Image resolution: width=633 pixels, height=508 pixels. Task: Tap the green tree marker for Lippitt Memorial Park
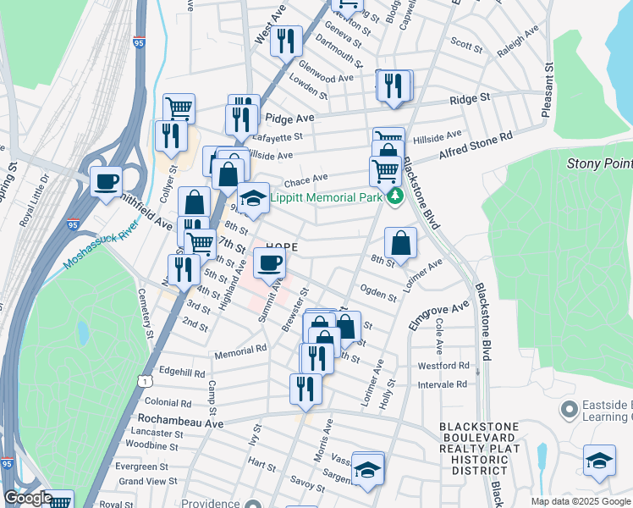tap(394, 199)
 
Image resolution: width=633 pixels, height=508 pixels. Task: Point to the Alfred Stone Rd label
tap(476, 145)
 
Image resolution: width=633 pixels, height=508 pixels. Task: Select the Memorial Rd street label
tap(240, 349)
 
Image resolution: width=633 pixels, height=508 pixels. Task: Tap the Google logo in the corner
tap(28, 498)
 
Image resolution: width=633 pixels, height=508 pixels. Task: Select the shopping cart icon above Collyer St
tap(179, 108)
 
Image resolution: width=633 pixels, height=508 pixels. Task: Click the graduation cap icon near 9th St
tap(252, 197)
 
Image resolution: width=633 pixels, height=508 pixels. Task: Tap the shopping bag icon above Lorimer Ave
tap(401, 242)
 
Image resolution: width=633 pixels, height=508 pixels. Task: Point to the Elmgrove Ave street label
tap(438, 317)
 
